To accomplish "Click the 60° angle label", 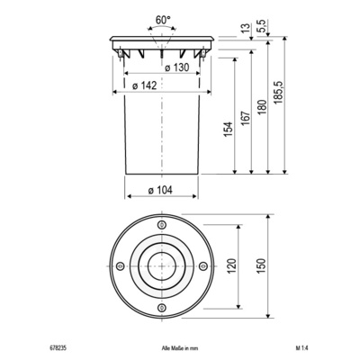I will point(162,18).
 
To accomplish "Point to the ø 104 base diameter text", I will point(159,190).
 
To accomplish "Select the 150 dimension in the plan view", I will point(261,267).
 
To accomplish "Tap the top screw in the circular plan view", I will point(162,225).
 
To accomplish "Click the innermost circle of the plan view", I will point(162,267).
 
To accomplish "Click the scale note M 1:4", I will point(300,346).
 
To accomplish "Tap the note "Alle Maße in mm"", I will point(165,346).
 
